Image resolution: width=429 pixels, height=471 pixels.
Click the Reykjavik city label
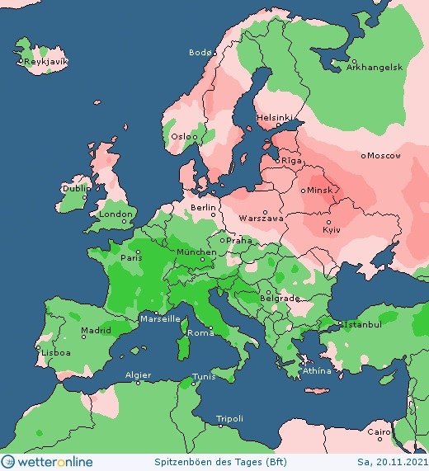point(45,62)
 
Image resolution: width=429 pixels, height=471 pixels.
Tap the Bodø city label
point(200,53)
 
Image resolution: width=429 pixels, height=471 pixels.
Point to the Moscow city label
point(384,155)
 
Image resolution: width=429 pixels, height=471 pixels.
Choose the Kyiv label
point(331,228)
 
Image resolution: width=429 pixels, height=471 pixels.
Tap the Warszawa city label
point(261,219)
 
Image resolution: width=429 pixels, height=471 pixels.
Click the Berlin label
point(202,207)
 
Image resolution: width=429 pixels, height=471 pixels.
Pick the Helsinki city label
point(274,117)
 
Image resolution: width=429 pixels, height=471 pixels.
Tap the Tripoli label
point(229,419)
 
